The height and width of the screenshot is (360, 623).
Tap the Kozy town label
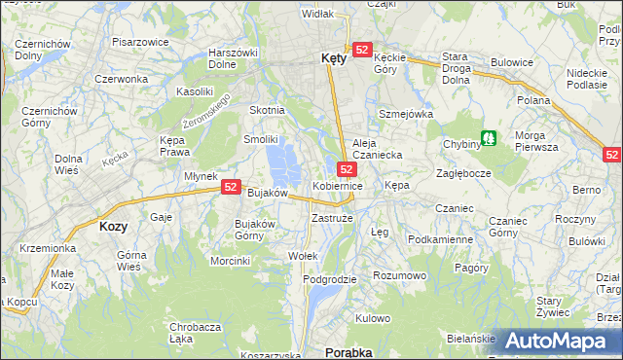[114, 226]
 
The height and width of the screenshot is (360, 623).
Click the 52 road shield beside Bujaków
[231, 187]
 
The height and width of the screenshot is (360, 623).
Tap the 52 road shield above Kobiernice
[347, 168]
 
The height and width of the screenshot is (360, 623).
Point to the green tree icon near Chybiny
[490, 138]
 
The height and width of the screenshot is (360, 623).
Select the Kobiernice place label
[338, 185]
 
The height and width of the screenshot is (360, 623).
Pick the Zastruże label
[331, 219]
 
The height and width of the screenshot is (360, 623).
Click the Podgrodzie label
[330, 279]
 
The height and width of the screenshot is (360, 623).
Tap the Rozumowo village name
[400, 275]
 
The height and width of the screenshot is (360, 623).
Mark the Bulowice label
[512, 62]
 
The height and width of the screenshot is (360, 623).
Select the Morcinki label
[231, 261]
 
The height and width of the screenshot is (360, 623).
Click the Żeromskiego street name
[207, 112]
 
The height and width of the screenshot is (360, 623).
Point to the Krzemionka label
[46, 248]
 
